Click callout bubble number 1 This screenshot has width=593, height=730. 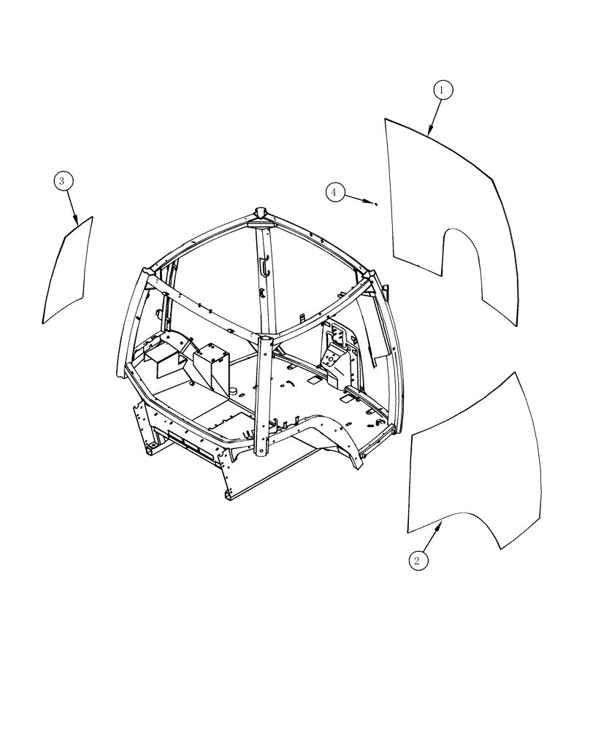[x=443, y=90]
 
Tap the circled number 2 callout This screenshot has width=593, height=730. [x=417, y=560]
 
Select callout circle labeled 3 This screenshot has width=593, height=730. [x=63, y=180]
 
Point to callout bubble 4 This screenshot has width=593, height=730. [x=334, y=192]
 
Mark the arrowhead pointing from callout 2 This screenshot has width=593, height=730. [x=440, y=524]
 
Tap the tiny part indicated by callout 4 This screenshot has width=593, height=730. [x=375, y=204]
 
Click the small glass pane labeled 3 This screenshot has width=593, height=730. [x=68, y=270]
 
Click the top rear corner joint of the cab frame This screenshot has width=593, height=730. [x=261, y=213]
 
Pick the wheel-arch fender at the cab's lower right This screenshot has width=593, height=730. [x=340, y=438]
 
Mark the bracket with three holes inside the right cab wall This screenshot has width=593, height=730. [x=339, y=335]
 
